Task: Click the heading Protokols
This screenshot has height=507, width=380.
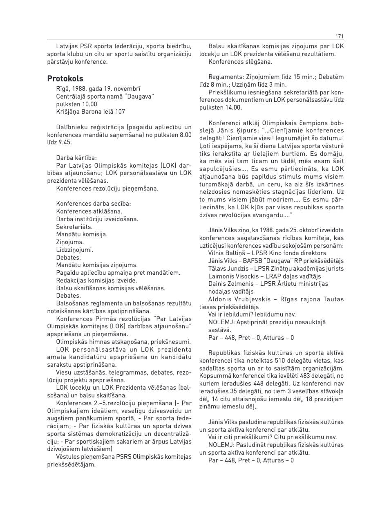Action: click(65, 79)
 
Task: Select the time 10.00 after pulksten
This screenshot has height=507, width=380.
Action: click(89, 104)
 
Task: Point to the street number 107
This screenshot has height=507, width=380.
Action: click(120, 112)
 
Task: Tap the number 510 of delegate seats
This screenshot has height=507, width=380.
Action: click(291, 361)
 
